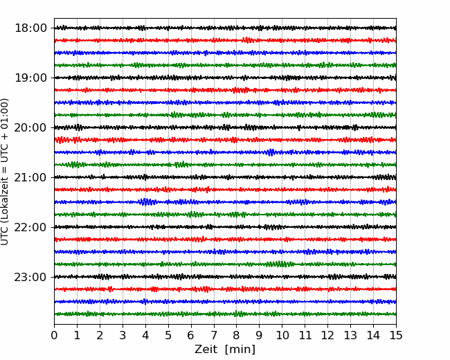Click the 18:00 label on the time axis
(30, 28)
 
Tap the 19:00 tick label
(30, 78)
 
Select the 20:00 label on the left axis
(30, 127)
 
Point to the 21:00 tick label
(30, 177)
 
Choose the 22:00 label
(30, 227)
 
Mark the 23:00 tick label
(30, 277)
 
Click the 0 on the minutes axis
(54, 335)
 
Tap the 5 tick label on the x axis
(168, 335)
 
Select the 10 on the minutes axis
(282, 335)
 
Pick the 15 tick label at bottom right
(396, 335)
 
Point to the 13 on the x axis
(350, 335)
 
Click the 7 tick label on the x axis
(214, 335)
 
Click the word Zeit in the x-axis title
(206, 349)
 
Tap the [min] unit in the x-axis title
(240, 350)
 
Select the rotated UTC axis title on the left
(5, 172)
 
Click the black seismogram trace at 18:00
(225, 28)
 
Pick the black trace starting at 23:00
(225, 277)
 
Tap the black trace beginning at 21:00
(225, 177)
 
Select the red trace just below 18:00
(225, 40)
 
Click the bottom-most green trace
(225, 314)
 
